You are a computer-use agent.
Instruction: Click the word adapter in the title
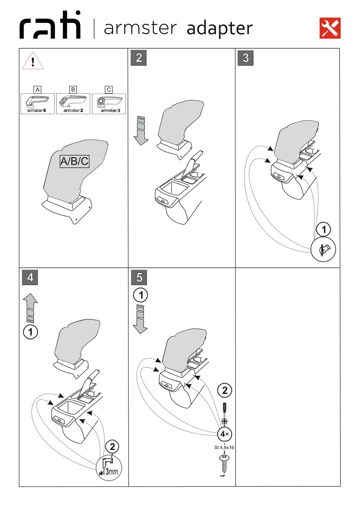click(219, 29)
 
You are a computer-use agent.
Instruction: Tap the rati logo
click(50, 28)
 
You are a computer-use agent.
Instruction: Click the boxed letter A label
click(37, 90)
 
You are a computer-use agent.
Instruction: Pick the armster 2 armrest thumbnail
click(73, 103)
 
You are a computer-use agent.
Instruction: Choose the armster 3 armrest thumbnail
click(109, 103)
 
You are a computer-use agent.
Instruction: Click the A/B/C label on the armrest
click(74, 161)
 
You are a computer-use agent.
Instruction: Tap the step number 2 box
click(139, 58)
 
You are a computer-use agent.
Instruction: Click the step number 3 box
click(246, 58)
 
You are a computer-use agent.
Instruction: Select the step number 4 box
click(30, 277)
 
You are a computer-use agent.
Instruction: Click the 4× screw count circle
click(225, 434)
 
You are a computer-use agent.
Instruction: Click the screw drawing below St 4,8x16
click(224, 465)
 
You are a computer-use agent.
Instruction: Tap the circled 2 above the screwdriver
click(225, 391)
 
